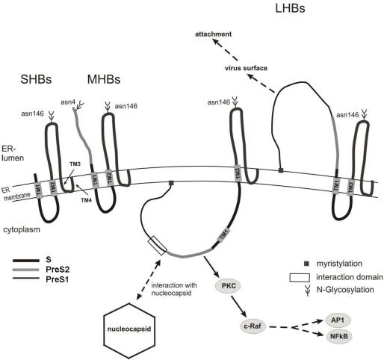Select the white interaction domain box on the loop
click(x=156, y=243)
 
